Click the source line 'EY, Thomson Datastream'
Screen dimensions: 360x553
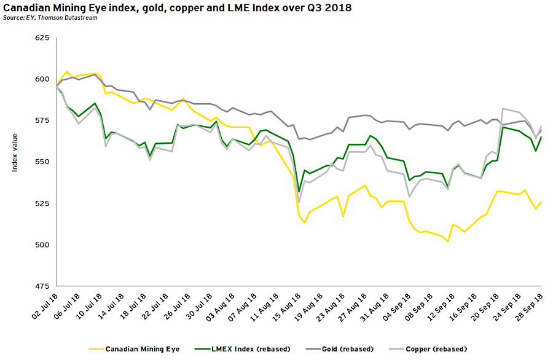(42, 18)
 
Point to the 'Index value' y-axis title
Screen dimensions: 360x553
(15, 162)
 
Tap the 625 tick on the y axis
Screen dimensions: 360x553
(41, 38)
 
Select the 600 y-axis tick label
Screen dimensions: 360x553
(41, 79)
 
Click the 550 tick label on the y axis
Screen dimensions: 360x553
(41, 162)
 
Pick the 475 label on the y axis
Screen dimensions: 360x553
(41, 286)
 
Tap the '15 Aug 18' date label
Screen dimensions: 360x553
(286, 305)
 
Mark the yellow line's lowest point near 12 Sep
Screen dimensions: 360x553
(448, 241)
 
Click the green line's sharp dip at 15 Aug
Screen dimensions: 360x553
(299, 191)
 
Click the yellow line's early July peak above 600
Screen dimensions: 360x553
(67, 72)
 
